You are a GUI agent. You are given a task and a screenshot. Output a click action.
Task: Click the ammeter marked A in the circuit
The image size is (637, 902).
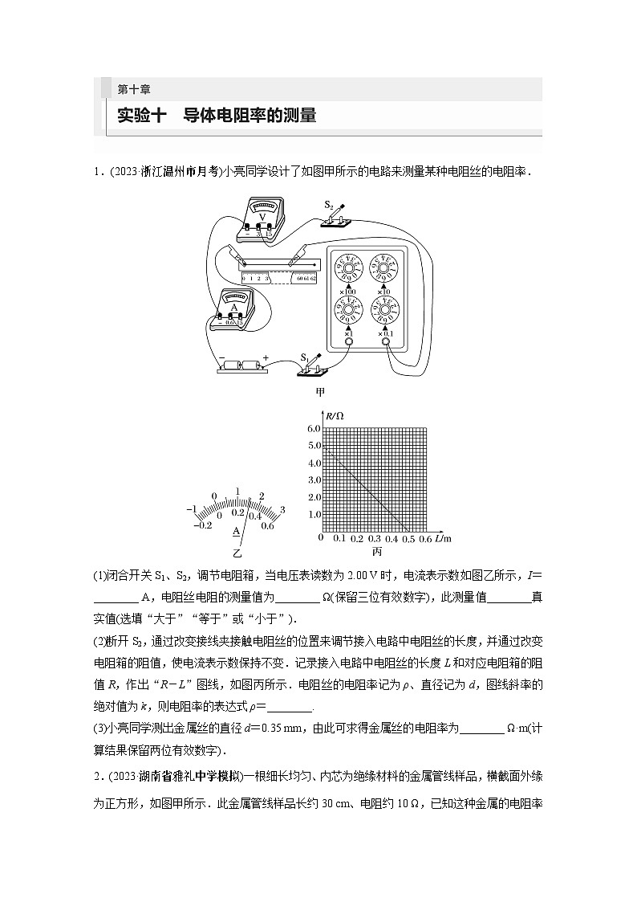[x=234, y=308]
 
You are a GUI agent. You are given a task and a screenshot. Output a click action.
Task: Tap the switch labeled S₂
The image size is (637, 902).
[x=338, y=217]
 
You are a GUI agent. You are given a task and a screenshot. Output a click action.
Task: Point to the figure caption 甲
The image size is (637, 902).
[x=320, y=393]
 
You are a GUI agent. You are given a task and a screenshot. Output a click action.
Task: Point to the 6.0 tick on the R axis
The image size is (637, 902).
[x=314, y=429]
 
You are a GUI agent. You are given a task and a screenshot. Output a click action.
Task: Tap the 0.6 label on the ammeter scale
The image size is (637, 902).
[x=267, y=525]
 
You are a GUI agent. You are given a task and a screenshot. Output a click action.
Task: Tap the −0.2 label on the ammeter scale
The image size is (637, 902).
[x=204, y=524]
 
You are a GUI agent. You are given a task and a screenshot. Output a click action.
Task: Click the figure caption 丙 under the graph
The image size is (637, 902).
[x=376, y=552]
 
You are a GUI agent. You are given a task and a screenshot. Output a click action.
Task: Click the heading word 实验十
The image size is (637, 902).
[x=141, y=116]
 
